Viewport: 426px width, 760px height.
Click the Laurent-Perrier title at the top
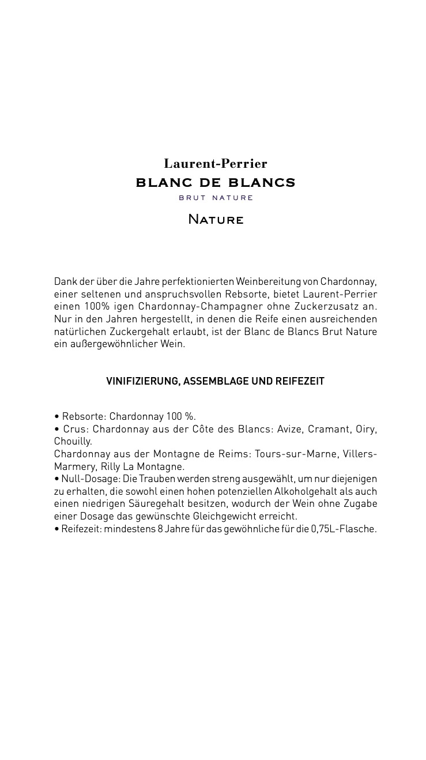[x=215, y=164]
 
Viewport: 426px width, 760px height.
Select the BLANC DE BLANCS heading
[x=215, y=183]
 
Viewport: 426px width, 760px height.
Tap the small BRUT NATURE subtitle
[x=216, y=198]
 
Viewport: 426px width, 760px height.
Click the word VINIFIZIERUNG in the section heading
[x=143, y=381]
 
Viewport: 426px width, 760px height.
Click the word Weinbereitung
[x=267, y=281]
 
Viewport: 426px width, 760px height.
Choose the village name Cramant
[x=329, y=429]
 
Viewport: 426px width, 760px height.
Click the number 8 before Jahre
[x=160, y=529]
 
